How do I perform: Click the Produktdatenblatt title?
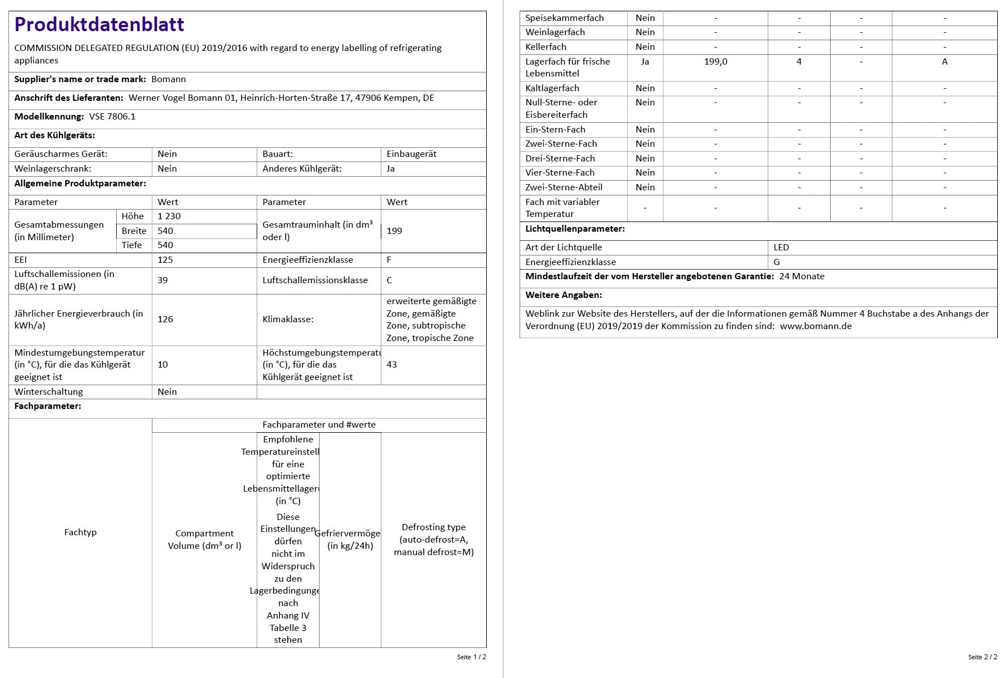coord(99,24)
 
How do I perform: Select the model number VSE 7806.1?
coord(112,117)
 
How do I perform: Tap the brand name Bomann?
coord(168,79)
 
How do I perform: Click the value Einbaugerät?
coord(411,154)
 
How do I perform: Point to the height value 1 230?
coord(169,216)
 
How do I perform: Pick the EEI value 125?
coord(165,260)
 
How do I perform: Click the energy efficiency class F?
coord(389,260)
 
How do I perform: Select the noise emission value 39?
coord(163,280)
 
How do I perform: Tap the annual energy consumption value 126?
coord(165,319)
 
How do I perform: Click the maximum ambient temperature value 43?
coord(392,365)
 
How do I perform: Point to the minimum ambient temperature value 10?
coord(163,365)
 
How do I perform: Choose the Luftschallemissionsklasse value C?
coord(389,280)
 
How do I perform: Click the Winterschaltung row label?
coord(49,392)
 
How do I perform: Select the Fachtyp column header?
coord(80,532)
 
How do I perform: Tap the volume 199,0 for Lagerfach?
coord(716,62)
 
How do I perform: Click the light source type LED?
coord(781,248)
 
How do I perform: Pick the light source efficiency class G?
coord(777,262)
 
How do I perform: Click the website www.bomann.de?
coord(815,326)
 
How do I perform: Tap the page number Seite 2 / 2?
coord(983,657)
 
